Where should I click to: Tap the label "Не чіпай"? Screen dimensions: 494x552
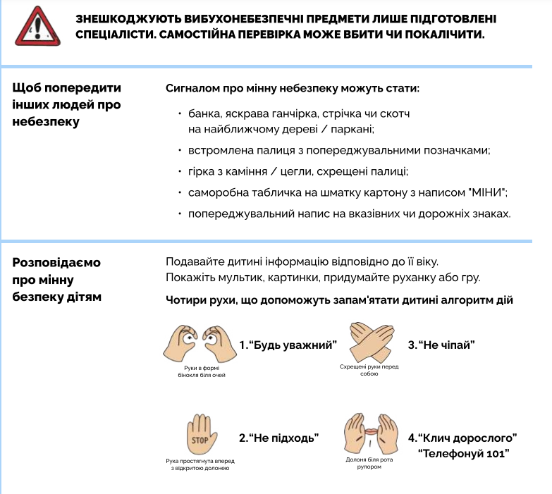pyautogui.click(x=441, y=345)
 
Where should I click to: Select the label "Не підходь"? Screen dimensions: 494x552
pyautogui.click(x=279, y=438)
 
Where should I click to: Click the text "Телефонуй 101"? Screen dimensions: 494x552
pyautogui.click(x=463, y=452)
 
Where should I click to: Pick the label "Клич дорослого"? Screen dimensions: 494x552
pyautogui.click(x=462, y=438)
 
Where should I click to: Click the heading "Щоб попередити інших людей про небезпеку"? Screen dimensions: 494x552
pyautogui.click(x=67, y=105)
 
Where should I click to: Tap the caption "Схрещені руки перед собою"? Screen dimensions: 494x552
pyautogui.click(x=369, y=371)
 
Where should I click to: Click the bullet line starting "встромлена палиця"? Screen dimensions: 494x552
pyautogui.click(x=338, y=151)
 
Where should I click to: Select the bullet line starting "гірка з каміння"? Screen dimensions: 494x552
pyautogui.click(x=298, y=171)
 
